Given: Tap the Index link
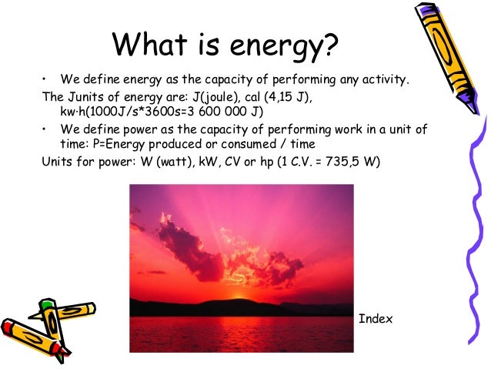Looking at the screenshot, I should (x=376, y=318).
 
